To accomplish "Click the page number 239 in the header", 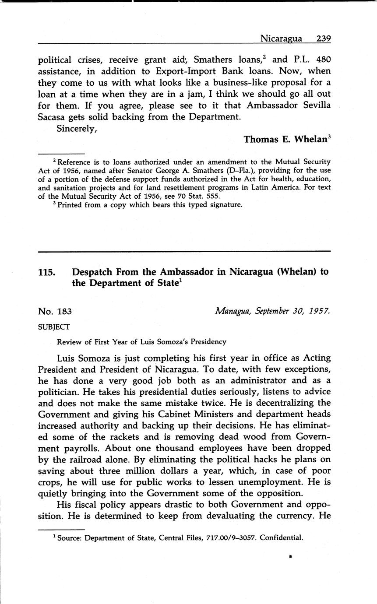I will click(323, 39).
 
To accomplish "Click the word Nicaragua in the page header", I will click(281, 39).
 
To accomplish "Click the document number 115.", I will click(47, 272).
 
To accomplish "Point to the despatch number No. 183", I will click(55, 312).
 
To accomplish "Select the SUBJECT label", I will click(54, 327).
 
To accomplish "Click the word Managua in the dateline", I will click(231, 311).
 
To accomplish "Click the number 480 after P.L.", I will click(323, 60).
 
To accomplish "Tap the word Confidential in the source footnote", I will click(281, 538).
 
